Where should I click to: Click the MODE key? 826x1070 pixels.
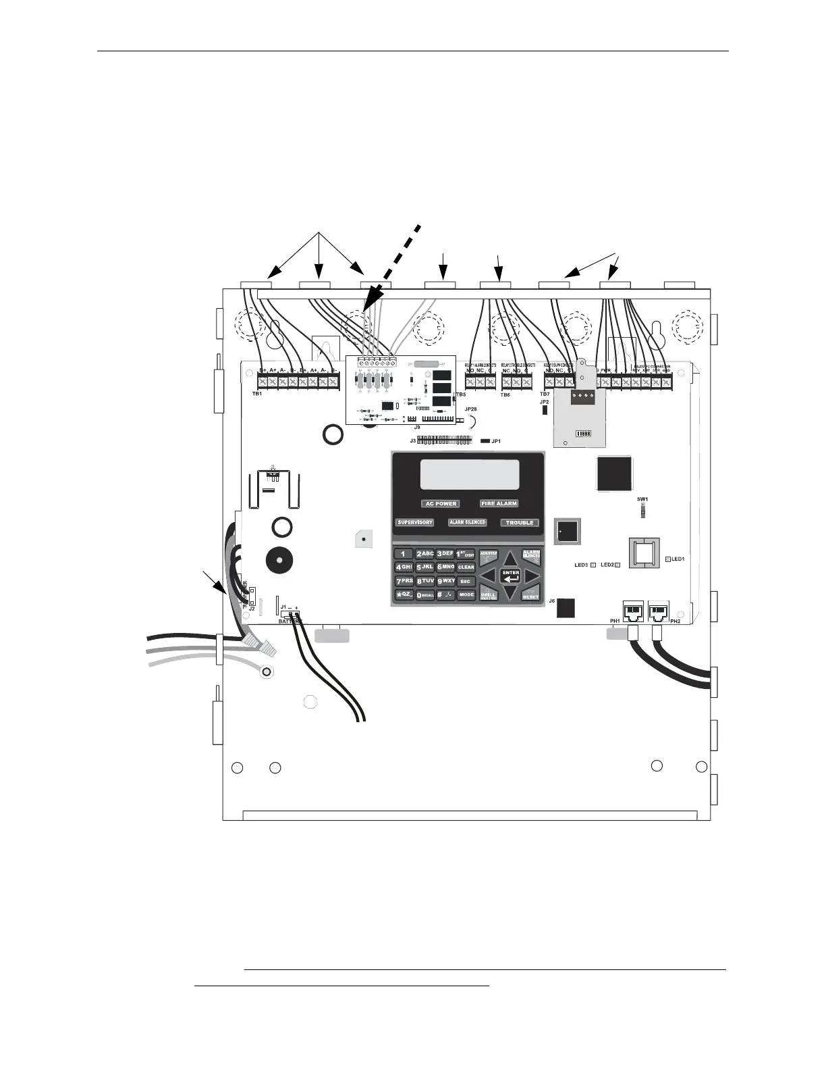pyautogui.click(x=466, y=595)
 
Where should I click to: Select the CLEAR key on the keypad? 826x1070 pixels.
pyautogui.click(x=466, y=567)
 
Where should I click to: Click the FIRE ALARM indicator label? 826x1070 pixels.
pyautogui.click(x=499, y=503)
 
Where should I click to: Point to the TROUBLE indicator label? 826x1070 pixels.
pyautogui.click(x=520, y=523)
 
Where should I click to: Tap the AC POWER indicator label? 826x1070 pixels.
pyautogui.click(x=441, y=504)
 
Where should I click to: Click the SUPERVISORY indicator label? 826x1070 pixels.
pyautogui.click(x=414, y=523)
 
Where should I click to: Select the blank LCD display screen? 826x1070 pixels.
pyautogui.click(x=470, y=474)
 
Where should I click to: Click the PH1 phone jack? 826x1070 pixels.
pyautogui.click(x=634, y=612)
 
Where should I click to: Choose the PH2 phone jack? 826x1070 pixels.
pyautogui.click(x=658, y=612)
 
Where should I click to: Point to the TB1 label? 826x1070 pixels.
pyautogui.click(x=256, y=393)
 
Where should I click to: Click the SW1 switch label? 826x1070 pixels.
pyautogui.click(x=642, y=499)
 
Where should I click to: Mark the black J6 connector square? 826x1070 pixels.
pyautogui.click(x=565, y=608)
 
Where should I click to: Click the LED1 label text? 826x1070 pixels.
pyautogui.click(x=678, y=559)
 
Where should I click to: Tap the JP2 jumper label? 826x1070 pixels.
pyautogui.click(x=544, y=402)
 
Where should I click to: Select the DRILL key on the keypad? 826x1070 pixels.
pyautogui.click(x=488, y=595)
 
